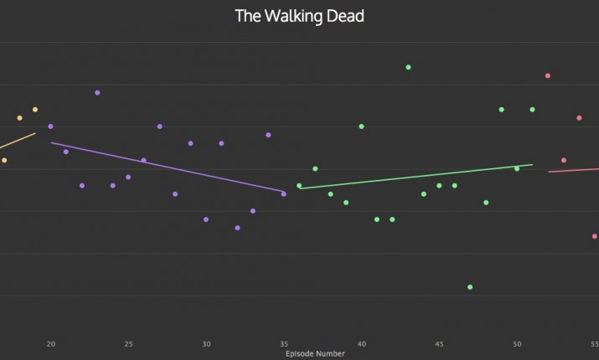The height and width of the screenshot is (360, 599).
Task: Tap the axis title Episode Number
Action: (x=315, y=354)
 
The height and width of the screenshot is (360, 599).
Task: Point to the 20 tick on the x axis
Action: (x=50, y=343)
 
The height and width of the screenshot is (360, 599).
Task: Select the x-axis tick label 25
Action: (x=128, y=343)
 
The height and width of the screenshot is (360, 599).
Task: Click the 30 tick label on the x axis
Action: (x=206, y=343)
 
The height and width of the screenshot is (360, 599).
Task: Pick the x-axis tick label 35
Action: (x=284, y=343)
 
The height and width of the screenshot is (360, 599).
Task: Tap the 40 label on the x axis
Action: (x=361, y=343)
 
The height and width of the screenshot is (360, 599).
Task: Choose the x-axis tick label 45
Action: (x=439, y=343)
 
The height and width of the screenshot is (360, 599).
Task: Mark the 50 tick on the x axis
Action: (x=517, y=343)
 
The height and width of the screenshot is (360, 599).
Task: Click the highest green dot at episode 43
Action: (x=408, y=67)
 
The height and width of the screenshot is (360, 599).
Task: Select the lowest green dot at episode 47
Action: (x=470, y=287)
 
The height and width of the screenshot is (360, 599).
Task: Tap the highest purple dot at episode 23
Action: (x=97, y=92)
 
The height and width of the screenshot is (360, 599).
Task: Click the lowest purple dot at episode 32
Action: (x=237, y=228)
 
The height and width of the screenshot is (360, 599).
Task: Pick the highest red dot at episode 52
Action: (x=548, y=75)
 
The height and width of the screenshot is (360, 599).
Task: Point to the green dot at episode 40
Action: (x=361, y=126)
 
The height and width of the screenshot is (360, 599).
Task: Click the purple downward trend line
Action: (x=168, y=167)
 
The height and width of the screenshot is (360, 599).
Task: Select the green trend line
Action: (x=416, y=177)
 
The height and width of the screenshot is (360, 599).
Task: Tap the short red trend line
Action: (x=574, y=170)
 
